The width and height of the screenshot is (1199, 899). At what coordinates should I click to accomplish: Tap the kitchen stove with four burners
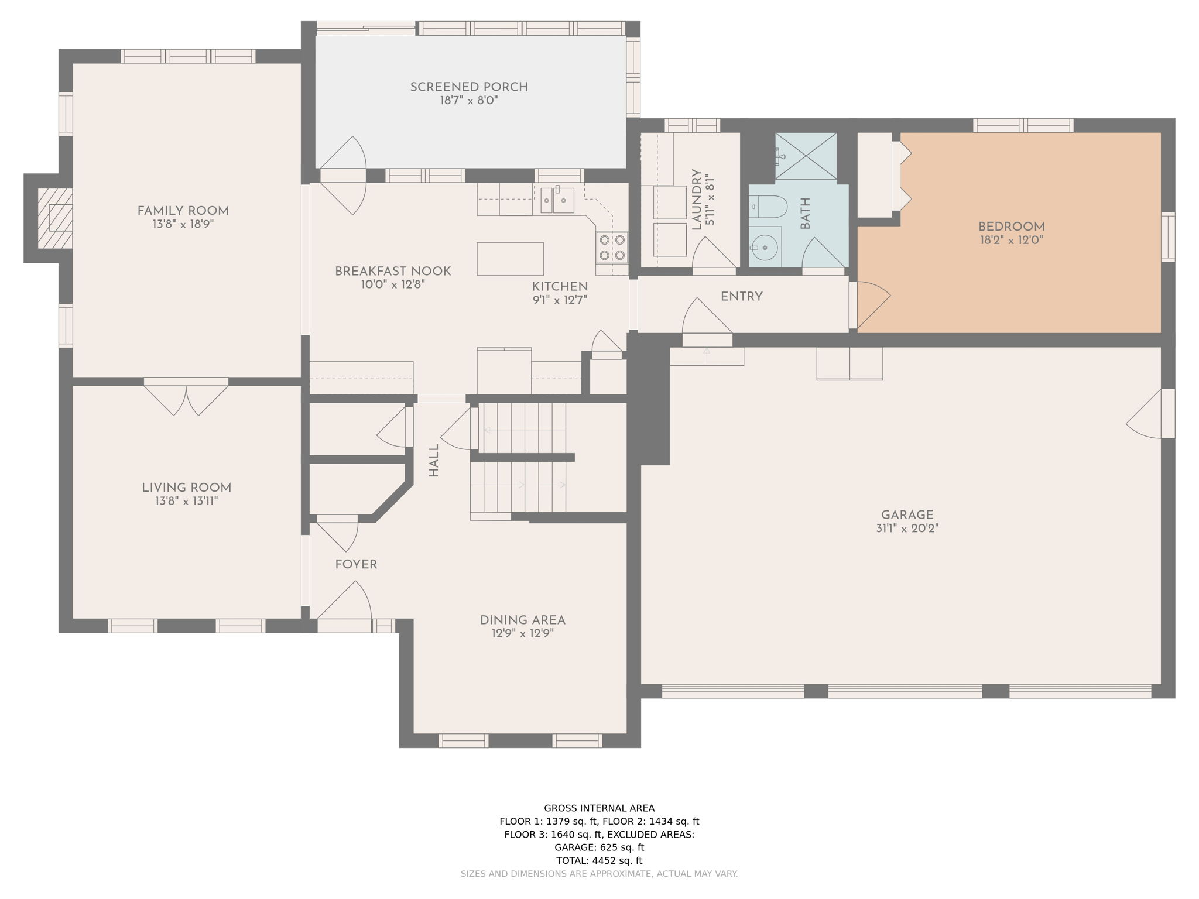point(612,248)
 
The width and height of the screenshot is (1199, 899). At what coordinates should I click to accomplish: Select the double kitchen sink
point(557,201)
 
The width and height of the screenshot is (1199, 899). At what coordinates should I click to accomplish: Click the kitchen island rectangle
point(510,259)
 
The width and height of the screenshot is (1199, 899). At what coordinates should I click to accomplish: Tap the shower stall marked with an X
point(806,156)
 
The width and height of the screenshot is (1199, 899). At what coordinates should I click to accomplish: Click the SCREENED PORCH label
point(469,87)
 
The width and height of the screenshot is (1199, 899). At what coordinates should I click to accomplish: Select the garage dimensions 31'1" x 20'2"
point(907,529)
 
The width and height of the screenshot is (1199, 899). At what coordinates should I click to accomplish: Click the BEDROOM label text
point(1011,227)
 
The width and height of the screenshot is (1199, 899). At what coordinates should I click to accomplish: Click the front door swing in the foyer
point(345,603)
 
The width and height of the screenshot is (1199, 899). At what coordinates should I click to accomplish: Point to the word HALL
point(434,460)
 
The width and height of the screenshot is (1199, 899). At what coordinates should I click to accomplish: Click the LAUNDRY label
point(697,200)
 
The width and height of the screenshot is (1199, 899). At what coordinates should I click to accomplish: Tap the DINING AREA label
point(522,620)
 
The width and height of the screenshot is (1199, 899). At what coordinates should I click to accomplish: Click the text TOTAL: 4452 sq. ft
point(599,860)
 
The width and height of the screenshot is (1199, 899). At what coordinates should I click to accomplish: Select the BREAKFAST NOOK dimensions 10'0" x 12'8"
point(393,285)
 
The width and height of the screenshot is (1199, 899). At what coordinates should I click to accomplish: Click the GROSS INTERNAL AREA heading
point(599,808)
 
